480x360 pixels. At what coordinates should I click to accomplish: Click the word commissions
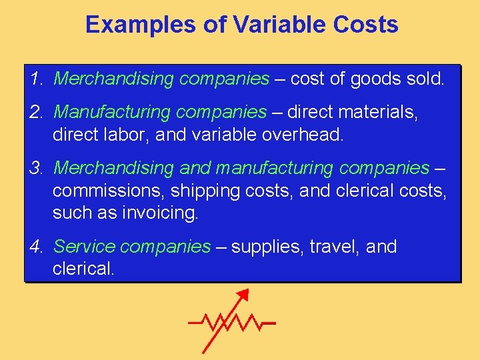108,191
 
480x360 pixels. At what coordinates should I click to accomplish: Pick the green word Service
81,247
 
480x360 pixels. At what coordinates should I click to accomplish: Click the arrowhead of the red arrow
244,295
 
